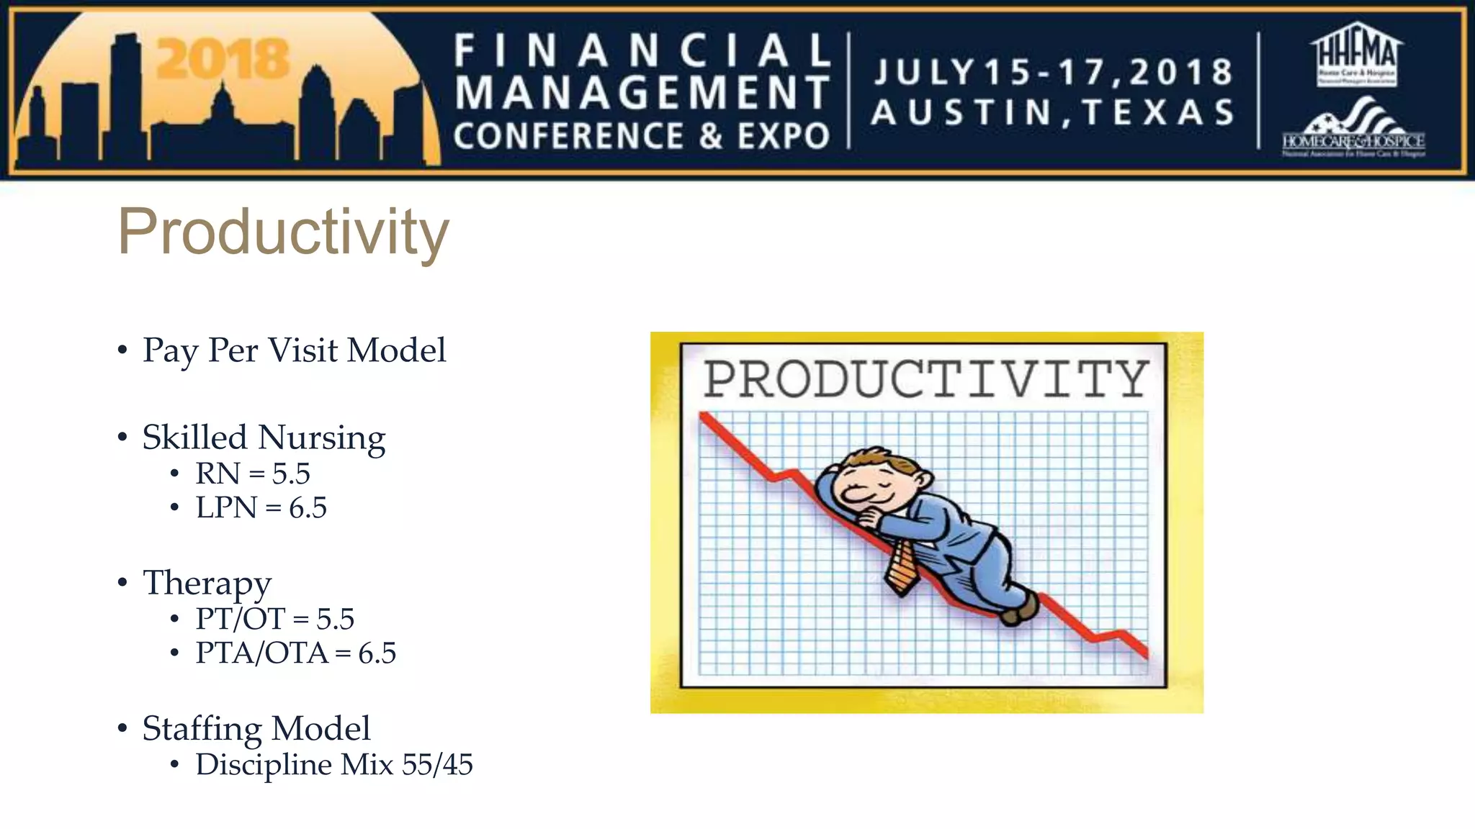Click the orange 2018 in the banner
point(223,59)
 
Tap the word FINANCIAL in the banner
point(642,51)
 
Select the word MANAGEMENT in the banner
point(642,94)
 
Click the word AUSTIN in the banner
point(962,113)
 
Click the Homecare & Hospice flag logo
point(1353,130)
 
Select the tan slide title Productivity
point(283,232)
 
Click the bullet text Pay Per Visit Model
point(294,351)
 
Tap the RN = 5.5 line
point(252,474)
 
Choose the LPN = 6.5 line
point(261,508)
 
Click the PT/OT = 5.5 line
point(274,619)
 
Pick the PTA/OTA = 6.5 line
point(295,653)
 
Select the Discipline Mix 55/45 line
point(333,764)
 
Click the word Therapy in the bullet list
point(207,583)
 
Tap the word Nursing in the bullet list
point(321,438)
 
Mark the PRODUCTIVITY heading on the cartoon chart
point(925,379)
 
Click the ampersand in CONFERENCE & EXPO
point(710,137)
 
